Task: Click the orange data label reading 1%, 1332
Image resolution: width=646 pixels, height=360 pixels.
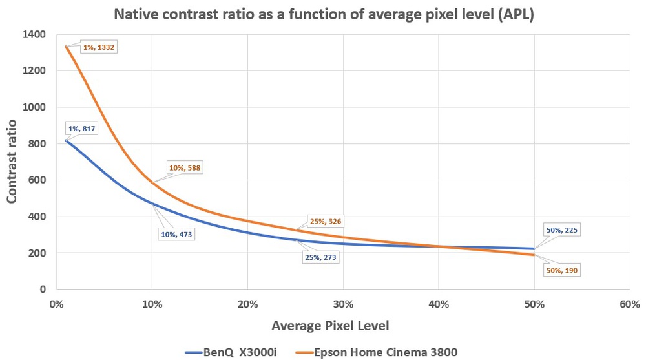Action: click(x=98, y=47)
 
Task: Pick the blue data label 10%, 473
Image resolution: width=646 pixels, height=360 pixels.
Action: click(x=175, y=234)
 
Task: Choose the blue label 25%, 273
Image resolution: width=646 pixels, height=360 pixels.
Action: click(x=320, y=257)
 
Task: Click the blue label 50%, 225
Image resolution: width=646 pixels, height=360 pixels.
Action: click(x=558, y=229)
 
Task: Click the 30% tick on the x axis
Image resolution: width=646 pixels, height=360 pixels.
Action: click(x=342, y=303)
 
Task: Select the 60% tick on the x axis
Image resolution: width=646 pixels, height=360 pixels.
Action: click(x=629, y=303)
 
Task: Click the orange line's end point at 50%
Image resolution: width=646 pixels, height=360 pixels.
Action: click(x=534, y=255)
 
